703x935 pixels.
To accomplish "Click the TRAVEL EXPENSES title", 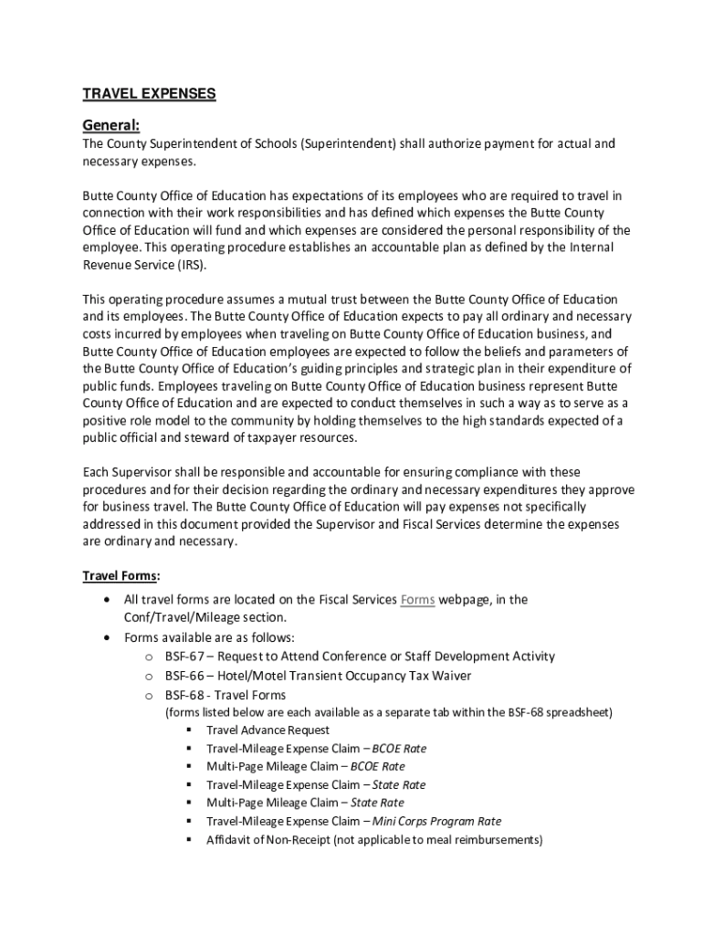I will [x=150, y=94].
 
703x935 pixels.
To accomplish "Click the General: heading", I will [x=111, y=124].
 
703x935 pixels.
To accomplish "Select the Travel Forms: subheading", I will [x=121, y=576].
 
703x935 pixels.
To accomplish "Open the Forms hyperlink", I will [x=417, y=600].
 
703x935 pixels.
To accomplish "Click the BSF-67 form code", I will [x=184, y=657].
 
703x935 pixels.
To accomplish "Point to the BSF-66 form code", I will [x=184, y=676].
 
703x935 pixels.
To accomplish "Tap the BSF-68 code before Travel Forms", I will [x=184, y=695].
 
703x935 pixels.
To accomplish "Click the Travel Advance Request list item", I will [x=268, y=730].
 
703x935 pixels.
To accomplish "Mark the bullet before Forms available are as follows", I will [x=110, y=637].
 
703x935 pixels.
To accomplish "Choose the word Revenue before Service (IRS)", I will [x=110, y=265].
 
